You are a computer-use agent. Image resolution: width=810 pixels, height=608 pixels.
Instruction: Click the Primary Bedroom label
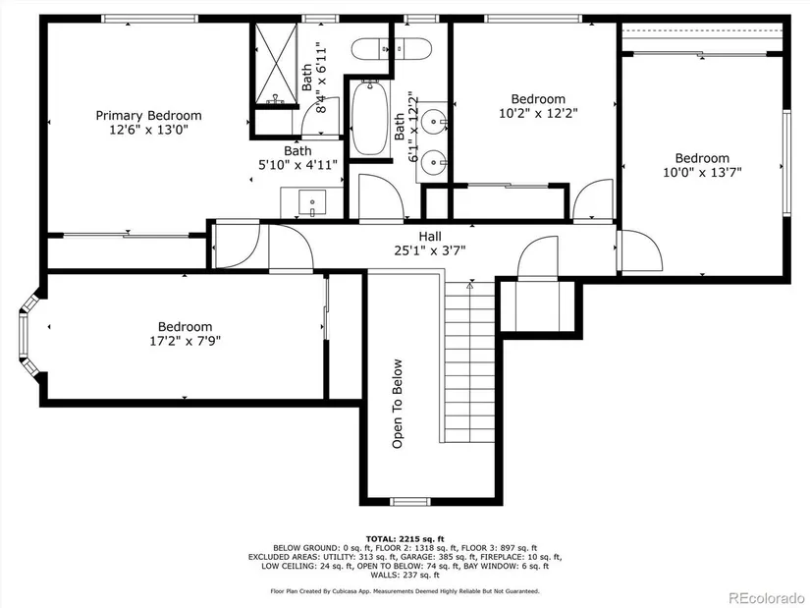click(x=149, y=115)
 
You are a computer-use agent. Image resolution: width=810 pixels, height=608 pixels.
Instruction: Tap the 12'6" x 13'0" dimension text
click(x=149, y=130)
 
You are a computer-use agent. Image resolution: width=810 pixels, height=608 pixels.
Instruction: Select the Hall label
click(x=430, y=237)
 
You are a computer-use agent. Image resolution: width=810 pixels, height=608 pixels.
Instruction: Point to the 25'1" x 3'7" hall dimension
click(x=430, y=250)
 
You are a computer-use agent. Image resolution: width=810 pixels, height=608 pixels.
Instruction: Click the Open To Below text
click(x=398, y=404)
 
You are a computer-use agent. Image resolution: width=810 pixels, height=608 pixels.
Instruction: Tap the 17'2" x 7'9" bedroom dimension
click(x=186, y=341)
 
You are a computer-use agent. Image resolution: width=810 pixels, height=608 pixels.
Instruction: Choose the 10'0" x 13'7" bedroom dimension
click(x=702, y=172)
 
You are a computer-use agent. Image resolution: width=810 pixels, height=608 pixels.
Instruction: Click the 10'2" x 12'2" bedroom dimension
click(x=538, y=113)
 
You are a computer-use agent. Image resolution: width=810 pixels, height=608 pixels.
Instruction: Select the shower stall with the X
click(x=276, y=63)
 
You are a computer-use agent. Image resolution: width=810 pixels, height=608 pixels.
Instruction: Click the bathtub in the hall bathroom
click(x=370, y=118)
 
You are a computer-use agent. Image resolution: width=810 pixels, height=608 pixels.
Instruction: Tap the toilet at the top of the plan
click(x=391, y=49)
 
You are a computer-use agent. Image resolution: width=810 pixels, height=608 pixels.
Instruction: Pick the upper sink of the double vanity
click(x=433, y=122)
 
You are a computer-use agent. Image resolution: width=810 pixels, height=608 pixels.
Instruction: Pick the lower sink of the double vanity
click(x=433, y=163)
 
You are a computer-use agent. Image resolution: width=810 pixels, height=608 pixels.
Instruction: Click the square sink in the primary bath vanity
click(x=312, y=202)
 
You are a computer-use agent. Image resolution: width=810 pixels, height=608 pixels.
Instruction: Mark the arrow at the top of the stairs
click(x=470, y=285)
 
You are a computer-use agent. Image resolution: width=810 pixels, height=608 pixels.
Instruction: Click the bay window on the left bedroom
click(x=27, y=335)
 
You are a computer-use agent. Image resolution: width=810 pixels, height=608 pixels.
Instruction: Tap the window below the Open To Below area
click(x=409, y=502)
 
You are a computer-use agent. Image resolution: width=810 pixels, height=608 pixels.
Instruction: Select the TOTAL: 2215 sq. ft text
click(x=405, y=539)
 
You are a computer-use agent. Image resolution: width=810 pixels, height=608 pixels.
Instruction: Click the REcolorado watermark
click(x=766, y=597)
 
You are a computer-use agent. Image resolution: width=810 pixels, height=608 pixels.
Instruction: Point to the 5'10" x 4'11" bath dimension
click(x=298, y=165)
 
